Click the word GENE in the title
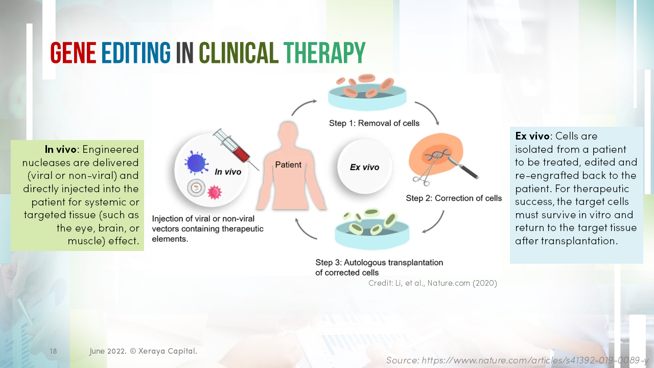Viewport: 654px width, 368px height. pyautogui.click(x=73, y=53)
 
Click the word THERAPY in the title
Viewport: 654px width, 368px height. pyautogui.click(x=324, y=53)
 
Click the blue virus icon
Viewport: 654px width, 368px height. pyautogui.click(x=196, y=163)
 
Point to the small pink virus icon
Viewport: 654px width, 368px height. pyautogui.click(x=215, y=192)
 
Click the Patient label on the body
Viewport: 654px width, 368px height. pyautogui.click(x=288, y=165)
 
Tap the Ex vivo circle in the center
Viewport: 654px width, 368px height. pyautogui.click(x=364, y=167)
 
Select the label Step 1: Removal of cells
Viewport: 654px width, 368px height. pyautogui.click(x=374, y=123)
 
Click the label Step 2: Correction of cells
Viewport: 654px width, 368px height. pyautogui.click(x=454, y=198)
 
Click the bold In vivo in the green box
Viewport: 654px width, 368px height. pyautogui.click(x=60, y=149)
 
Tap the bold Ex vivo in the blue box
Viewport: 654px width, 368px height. pyautogui.click(x=532, y=136)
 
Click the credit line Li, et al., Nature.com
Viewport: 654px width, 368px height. pyautogui.click(x=432, y=283)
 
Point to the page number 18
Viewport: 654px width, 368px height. pyautogui.click(x=54, y=351)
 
